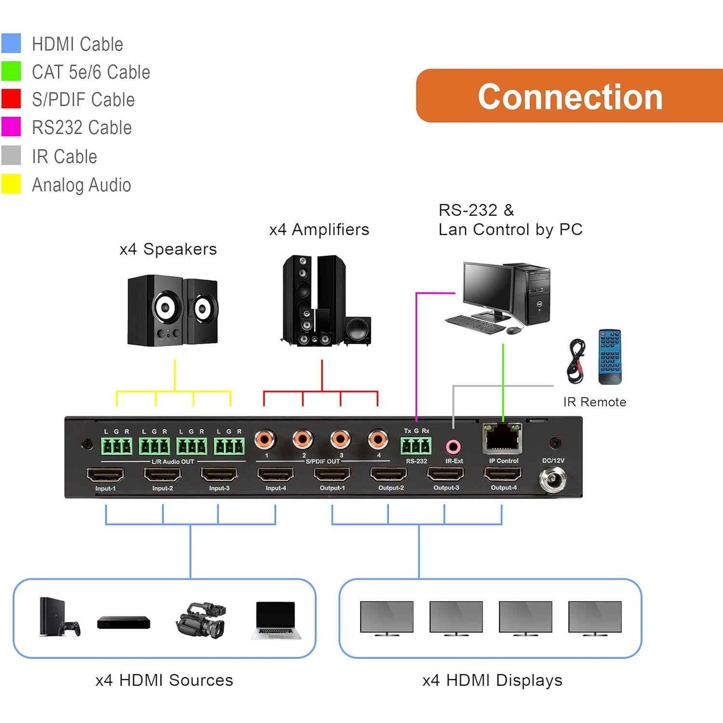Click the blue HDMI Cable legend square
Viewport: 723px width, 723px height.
(11, 43)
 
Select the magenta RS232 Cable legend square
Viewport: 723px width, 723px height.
(11, 127)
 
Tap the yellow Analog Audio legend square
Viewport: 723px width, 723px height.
(11, 184)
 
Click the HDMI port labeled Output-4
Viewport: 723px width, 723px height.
(503, 474)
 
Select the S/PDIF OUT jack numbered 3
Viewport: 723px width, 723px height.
(340, 439)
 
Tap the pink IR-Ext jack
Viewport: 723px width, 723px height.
(453, 447)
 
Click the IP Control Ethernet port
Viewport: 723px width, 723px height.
(502, 438)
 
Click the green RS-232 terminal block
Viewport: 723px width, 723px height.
(416, 446)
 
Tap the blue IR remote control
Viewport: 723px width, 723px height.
(610, 357)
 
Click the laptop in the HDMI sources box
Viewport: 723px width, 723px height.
(276, 620)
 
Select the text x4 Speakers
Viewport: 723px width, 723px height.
(168, 249)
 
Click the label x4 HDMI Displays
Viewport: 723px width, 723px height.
(492, 680)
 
